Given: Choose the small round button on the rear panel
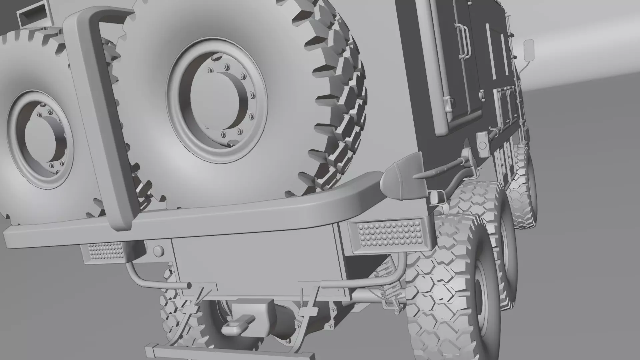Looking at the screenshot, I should click(158, 250).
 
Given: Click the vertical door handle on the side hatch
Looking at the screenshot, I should click(463, 40).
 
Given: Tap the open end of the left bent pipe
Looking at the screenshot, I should click(189, 286).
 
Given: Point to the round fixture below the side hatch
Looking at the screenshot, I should click(482, 145).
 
